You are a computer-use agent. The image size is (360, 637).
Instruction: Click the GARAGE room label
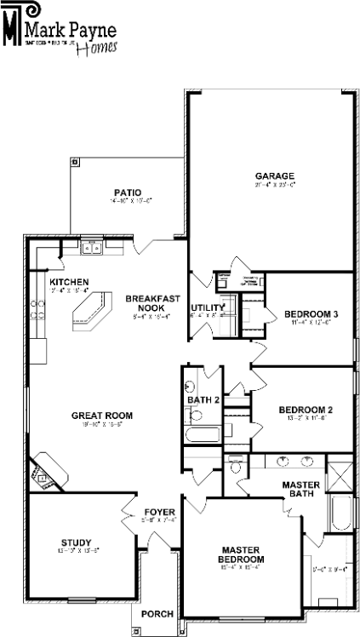268,176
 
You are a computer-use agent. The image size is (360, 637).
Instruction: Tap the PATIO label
129,192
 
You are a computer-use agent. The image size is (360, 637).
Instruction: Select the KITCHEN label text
69,282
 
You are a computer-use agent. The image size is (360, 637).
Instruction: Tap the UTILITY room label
206,307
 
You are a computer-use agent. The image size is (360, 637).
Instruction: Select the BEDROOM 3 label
311,314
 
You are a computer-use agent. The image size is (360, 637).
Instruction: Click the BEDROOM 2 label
306,410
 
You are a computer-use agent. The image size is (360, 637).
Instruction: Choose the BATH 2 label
204,399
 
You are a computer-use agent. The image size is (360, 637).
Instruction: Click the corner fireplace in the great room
43,473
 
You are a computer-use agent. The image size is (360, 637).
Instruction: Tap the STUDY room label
76,542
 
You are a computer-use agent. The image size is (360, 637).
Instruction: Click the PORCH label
157,614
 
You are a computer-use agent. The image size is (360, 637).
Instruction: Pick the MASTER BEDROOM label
241,554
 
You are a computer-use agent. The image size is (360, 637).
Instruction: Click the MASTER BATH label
300,489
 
